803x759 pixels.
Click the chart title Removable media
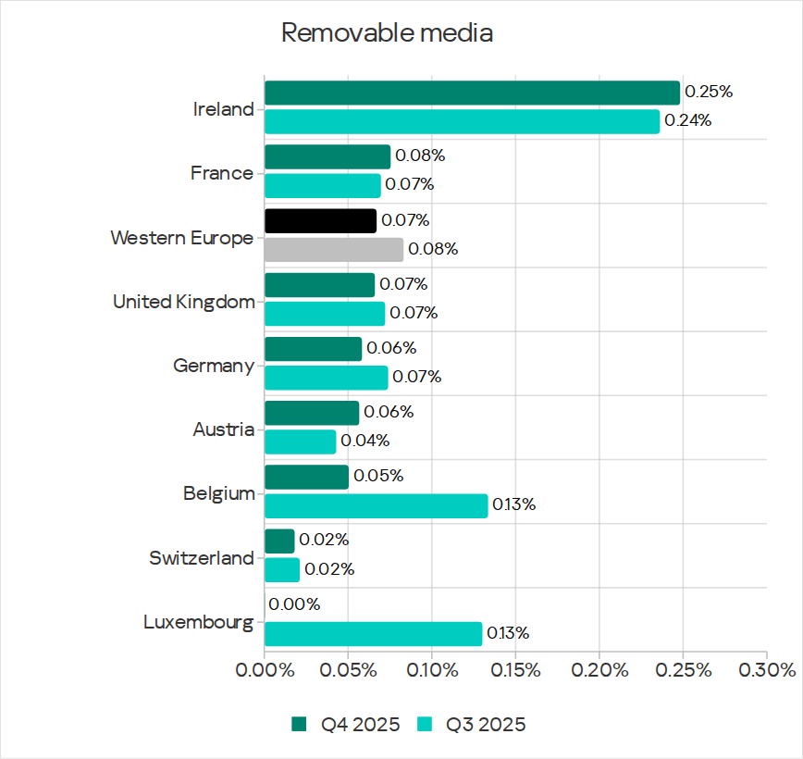coord(387,33)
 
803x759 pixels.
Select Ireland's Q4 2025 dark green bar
coord(472,93)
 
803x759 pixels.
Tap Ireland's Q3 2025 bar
coord(462,121)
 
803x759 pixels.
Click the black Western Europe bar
coord(320,220)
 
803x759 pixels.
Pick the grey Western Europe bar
coord(334,249)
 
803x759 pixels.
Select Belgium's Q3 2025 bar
coord(376,505)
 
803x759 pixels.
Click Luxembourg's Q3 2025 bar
coord(373,634)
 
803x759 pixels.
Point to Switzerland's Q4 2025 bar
coord(279,541)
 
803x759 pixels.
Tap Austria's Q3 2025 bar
coord(300,442)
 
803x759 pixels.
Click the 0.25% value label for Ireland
coord(709,93)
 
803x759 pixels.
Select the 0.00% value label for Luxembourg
coord(295,604)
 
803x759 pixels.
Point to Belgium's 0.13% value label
coord(513,505)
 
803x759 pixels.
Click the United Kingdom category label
coord(183,302)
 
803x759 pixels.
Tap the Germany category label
coord(214,366)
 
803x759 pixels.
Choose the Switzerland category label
coord(201,558)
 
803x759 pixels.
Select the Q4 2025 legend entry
coord(348,724)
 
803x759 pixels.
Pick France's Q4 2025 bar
coord(327,156)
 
